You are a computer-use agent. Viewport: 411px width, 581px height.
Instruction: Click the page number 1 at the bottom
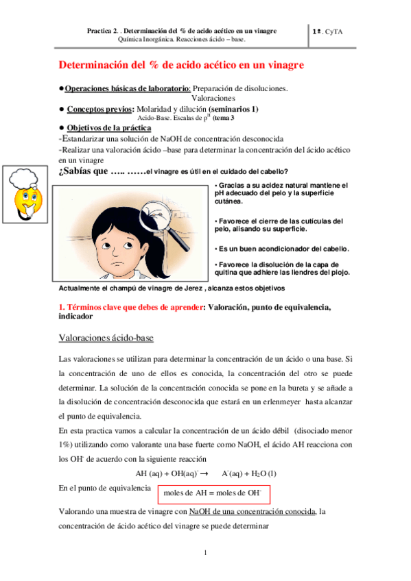pyautogui.click(x=205, y=552)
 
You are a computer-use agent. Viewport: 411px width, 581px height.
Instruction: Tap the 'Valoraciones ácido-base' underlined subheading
pyautogui.click(x=106, y=338)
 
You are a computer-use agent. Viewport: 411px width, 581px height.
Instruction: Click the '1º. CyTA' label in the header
pyautogui.click(x=332, y=32)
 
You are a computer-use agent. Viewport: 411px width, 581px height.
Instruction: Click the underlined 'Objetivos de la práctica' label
pyautogui.click(x=110, y=128)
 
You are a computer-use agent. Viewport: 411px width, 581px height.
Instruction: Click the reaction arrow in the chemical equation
pyautogui.click(x=204, y=473)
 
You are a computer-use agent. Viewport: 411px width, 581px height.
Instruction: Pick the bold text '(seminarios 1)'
pyautogui.click(x=227, y=108)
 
